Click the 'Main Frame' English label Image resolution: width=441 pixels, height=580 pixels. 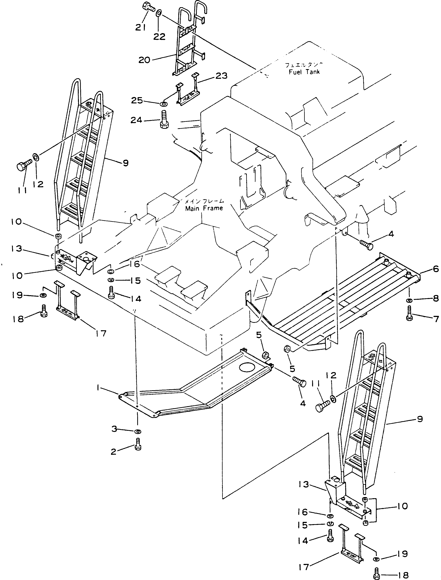[x=204, y=208]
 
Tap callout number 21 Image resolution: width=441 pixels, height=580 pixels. [x=141, y=27]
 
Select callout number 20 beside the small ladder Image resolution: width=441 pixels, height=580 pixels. [x=144, y=60]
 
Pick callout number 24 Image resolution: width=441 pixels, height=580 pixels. [x=136, y=120]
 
